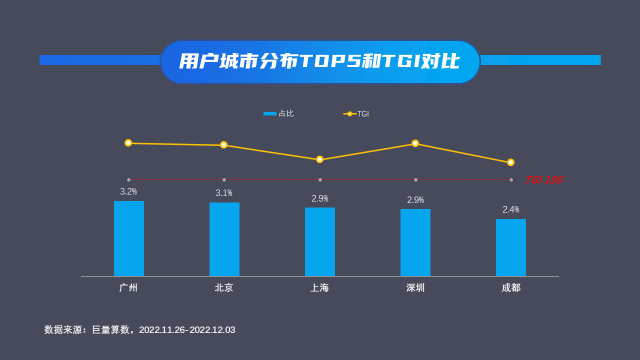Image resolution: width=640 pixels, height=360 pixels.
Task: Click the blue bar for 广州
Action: point(129,238)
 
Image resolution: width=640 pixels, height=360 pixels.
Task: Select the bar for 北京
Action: point(224,239)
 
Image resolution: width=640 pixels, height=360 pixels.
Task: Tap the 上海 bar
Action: point(320,241)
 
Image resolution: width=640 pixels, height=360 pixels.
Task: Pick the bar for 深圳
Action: point(415,242)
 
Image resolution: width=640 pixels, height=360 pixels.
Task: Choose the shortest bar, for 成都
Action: point(511,247)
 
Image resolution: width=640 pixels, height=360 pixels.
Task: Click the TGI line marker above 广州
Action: point(128,143)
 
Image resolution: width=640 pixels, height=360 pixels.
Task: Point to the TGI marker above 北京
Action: point(224,145)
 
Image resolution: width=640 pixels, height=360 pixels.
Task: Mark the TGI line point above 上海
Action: point(320,159)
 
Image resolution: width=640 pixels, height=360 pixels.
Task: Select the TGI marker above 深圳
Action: point(415,143)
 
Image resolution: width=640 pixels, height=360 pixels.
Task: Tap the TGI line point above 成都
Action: point(510,162)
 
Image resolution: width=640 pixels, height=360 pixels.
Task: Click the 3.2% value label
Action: point(128,191)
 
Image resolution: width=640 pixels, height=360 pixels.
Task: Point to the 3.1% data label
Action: point(224,193)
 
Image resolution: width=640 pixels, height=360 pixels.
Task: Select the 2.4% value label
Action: point(511,209)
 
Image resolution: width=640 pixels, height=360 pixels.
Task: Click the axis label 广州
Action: point(128,288)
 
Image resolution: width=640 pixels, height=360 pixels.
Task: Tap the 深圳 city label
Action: point(415,288)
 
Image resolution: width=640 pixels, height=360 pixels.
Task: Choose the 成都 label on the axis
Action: point(511,288)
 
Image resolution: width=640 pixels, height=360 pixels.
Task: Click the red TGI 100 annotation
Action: point(543,180)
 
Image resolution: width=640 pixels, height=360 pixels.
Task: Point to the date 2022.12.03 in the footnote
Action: point(212,330)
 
